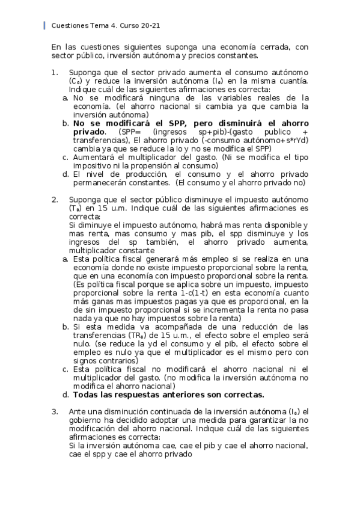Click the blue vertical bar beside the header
(x=44, y=26)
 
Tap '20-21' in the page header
(x=150, y=26)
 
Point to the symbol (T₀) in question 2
(x=75, y=208)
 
